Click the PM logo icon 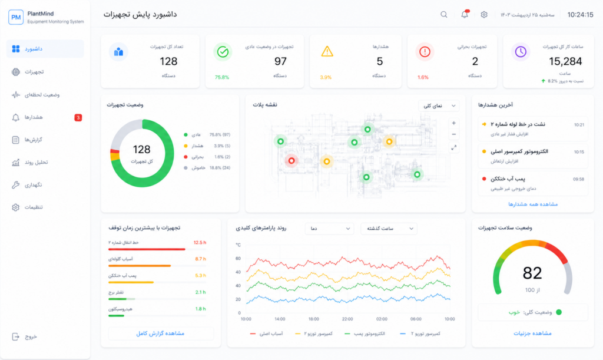tap(16, 17)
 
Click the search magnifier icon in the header tap(444, 15)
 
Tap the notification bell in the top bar tap(465, 14)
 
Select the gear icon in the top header tap(484, 15)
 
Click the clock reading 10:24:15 tap(580, 15)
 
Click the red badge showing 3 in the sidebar tap(78, 117)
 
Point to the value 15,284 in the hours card tap(565, 61)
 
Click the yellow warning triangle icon tap(327, 51)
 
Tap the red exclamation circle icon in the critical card tap(425, 51)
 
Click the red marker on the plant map tap(291, 161)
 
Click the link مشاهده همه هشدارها tap(532, 204)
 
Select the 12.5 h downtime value tap(200, 243)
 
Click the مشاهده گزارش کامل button tap(161, 333)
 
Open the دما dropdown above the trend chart tap(330, 229)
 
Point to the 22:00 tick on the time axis tap(347, 319)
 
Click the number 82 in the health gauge tap(532, 273)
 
